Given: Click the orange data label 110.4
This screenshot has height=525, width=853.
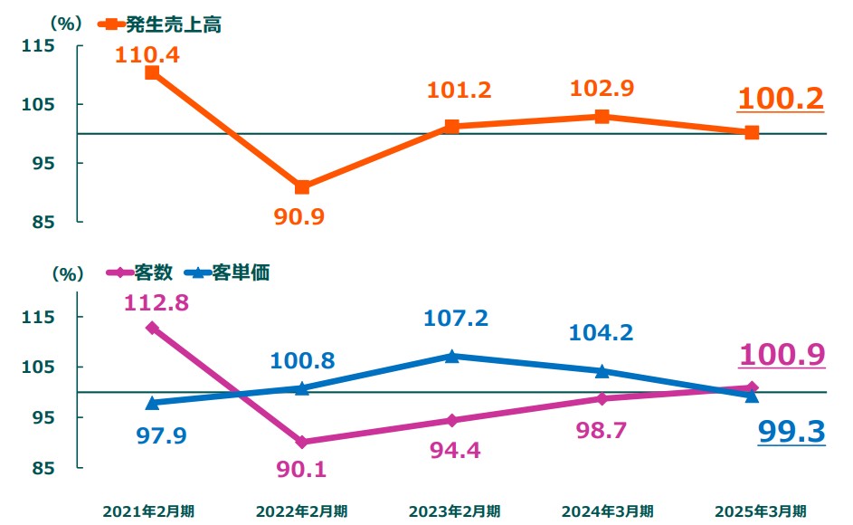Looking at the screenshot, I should click(x=147, y=54).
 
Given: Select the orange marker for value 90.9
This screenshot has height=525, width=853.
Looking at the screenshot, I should click(x=302, y=187).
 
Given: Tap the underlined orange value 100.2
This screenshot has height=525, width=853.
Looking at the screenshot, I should click(x=782, y=99).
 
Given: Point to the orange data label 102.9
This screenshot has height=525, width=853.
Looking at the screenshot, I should click(x=602, y=89).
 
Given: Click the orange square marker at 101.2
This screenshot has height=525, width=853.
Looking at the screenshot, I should click(x=452, y=127).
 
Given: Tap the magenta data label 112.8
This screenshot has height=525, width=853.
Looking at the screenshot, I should click(x=156, y=303).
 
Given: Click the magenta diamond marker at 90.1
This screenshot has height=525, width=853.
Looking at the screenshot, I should click(x=302, y=443).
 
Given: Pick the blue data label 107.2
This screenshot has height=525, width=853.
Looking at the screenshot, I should click(x=456, y=319).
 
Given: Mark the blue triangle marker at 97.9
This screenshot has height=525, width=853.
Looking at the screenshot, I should click(x=152, y=403).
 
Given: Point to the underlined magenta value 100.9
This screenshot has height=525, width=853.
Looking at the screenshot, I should click(x=782, y=354).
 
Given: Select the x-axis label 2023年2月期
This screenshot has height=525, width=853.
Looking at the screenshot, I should click(x=454, y=511).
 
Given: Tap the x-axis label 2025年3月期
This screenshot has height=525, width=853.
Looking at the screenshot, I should click(x=762, y=511).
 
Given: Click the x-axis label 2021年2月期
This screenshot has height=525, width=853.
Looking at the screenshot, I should click(x=148, y=511).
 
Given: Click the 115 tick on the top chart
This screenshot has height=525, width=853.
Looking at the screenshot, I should click(x=42, y=46).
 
